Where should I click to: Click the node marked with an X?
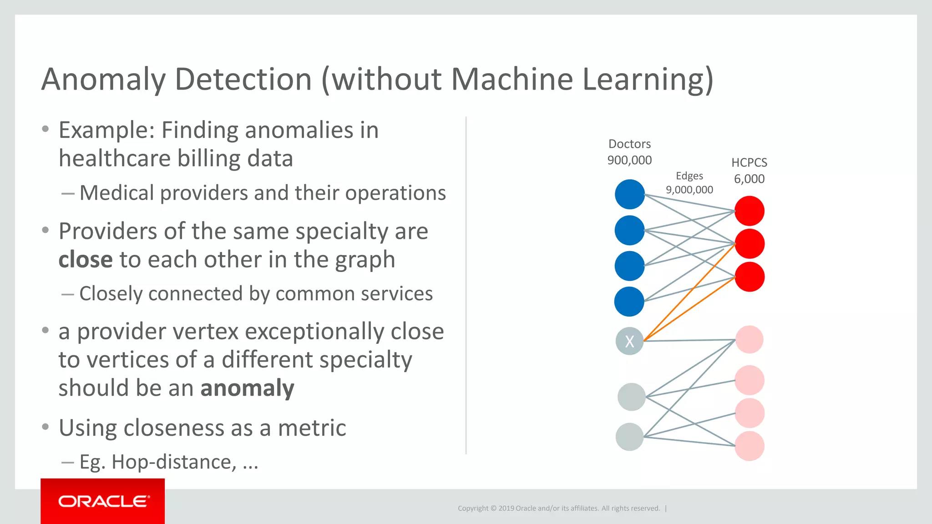629,341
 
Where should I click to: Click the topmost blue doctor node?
630,194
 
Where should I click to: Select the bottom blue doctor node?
629,302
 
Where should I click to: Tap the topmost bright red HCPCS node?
750,211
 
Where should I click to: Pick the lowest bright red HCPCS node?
750,277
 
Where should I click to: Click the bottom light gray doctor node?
629,437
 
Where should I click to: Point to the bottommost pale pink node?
750,446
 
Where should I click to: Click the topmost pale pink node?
749,340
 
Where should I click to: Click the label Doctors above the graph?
629,144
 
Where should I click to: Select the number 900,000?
629,160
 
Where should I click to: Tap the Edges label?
689,176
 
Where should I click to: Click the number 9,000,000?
689,190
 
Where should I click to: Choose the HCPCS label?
749,163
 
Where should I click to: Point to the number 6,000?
749,179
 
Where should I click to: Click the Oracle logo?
103,501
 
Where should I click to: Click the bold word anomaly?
247,388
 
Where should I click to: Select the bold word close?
86,260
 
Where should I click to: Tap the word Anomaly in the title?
104,80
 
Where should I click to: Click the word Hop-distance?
174,462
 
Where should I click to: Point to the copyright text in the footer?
559,509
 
